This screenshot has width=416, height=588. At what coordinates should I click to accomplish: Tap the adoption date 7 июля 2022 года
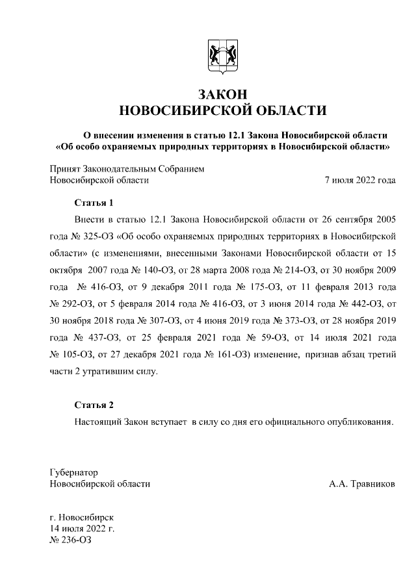[359, 180]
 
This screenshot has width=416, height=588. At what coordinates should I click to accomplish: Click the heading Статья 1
[94, 203]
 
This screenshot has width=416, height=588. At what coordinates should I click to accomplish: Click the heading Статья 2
[94, 405]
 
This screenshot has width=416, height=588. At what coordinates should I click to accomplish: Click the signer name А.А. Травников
[362, 484]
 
